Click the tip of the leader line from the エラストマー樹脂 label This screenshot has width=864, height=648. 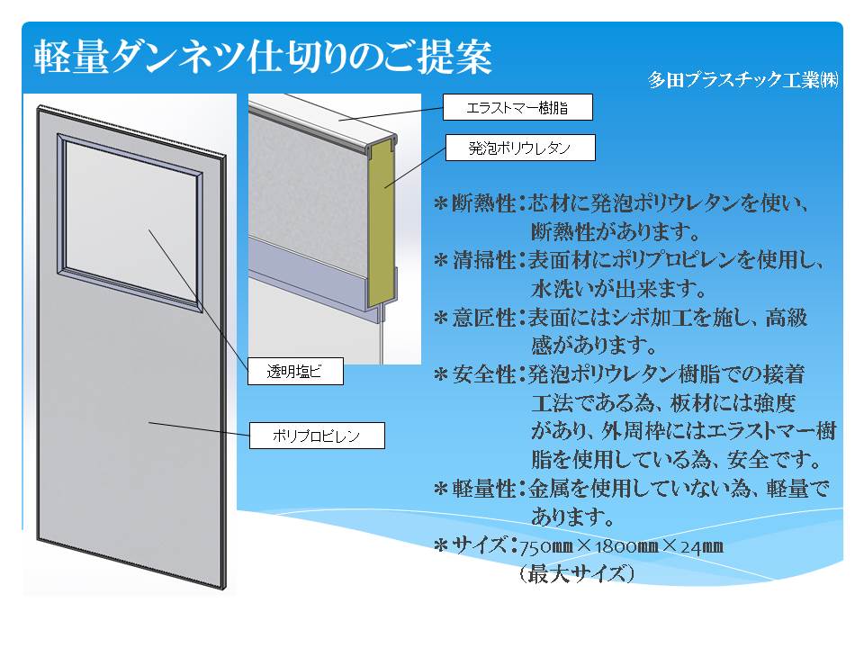pyautogui.click(x=337, y=119)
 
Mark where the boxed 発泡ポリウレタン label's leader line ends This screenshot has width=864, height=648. pyautogui.click(x=385, y=187)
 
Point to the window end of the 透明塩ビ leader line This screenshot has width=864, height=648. pyautogui.click(x=148, y=229)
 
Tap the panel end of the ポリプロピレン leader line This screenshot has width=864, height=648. pyautogui.click(x=148, y=423)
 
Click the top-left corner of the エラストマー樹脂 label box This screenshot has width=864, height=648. pyautogui.click(x=444, y=94)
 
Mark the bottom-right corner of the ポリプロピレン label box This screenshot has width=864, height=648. pyautogui.click(x=384, y=448)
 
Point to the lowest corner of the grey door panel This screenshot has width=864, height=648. pyautogui.click(x=225, y=589)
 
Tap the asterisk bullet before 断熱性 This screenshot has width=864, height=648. pyautogui.click(x=440, y=204)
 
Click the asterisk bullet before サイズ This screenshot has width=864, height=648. pyautogui.click(x=440, y=545)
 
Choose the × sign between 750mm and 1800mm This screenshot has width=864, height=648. pyautogui.click(x=584, y=545)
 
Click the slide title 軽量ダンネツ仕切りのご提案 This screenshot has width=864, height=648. pyautogui.click(x=262, y=57)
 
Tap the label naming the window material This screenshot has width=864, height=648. pyautogui.click(x=295, y=371)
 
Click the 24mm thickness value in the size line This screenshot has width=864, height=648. pyautogui.click(x=701, y=546)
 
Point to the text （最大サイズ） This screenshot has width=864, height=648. pyautogui.click(x=576, y=574)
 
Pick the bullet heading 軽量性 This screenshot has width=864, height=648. pyautogui.click(x=484, y=488)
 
